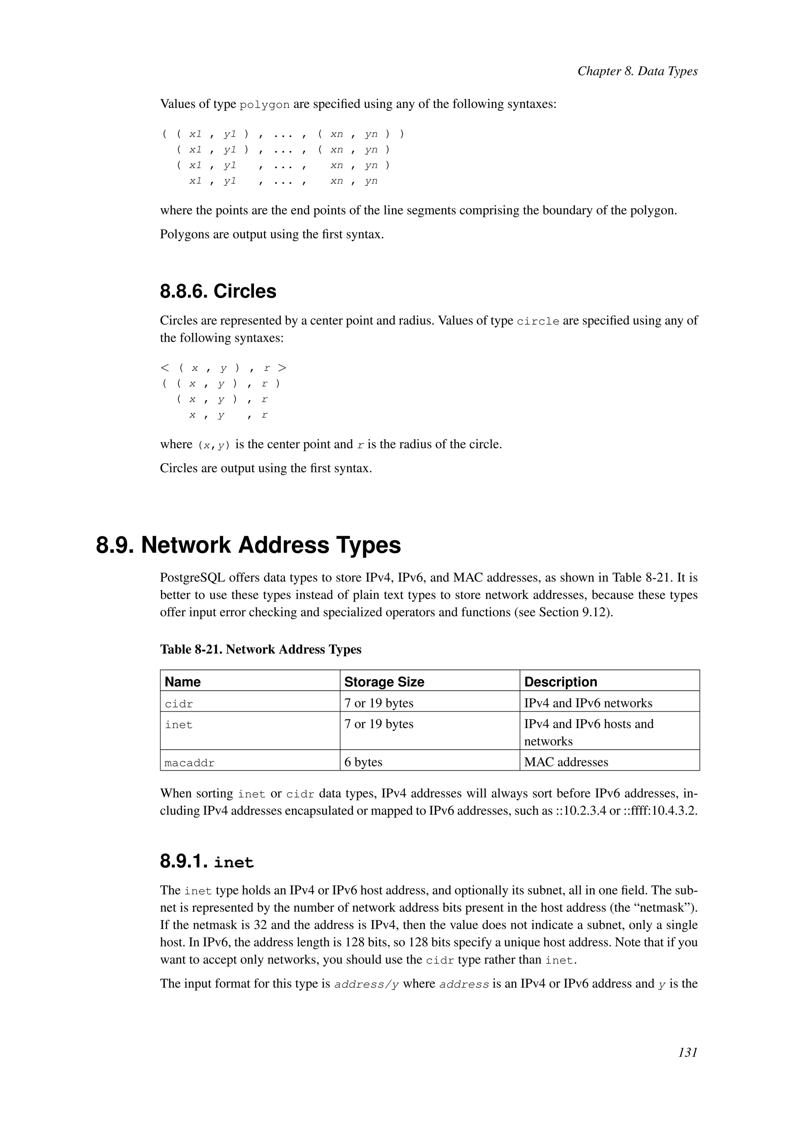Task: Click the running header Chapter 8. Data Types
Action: [637, 71]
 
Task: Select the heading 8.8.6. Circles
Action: [218, 291]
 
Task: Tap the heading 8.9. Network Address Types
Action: [249, 546]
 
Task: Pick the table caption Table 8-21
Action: [261, 649]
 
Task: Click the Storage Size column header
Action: [384, 682]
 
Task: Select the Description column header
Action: [560, 682]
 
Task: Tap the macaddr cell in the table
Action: [190, 763]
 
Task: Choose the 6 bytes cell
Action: [363, 762]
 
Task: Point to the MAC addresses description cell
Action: [566, 762]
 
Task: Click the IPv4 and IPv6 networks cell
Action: [588, 703]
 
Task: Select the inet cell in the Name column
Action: [179, 725]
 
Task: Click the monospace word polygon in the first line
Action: [264, 105]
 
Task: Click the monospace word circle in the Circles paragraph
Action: [538, 322]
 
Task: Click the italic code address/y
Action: [367, 984]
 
